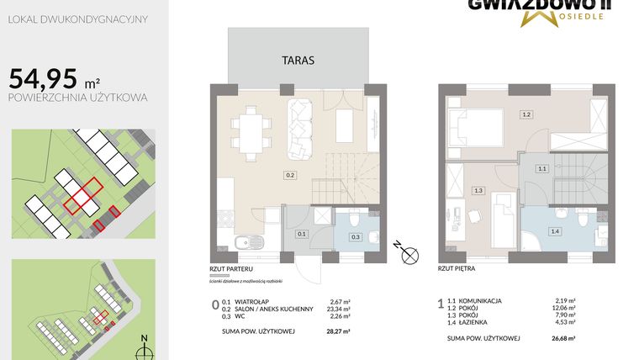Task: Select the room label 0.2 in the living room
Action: pos(289,176)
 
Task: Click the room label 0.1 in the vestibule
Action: pos(301,234)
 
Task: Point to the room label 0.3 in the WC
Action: pos(355,237)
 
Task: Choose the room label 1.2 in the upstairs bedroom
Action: pos(526,114)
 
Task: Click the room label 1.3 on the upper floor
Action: pos(478,191)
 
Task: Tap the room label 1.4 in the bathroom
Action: pos(554,231)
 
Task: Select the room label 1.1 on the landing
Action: pos(542,169)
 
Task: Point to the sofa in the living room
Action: pos(302,129)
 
